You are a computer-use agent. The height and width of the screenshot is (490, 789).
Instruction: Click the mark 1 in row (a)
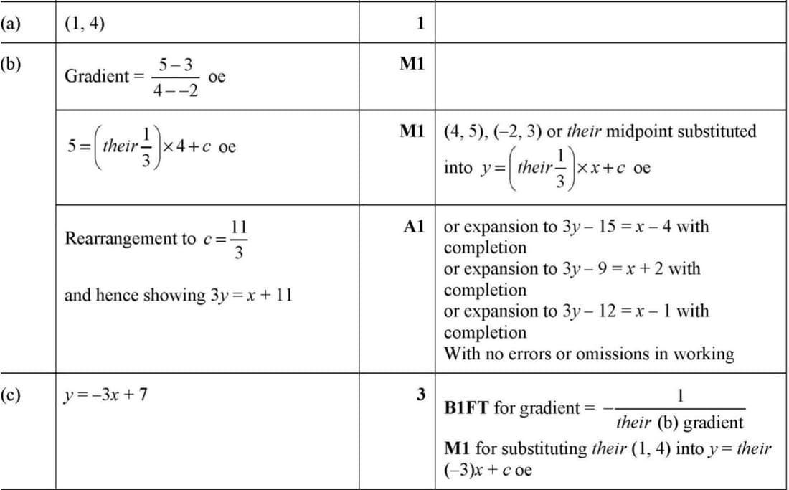click(x=420, y=24)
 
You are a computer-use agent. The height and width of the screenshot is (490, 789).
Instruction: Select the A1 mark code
click(x=414, y=227)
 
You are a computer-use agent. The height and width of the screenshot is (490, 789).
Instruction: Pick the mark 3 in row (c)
click(x=420, y=395)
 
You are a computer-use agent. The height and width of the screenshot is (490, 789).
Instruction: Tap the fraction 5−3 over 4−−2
click(x=176, y=77)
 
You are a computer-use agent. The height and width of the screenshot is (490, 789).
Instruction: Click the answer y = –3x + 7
click(x=106, y=395)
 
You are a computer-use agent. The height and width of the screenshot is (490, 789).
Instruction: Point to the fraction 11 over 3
click(x=238, y=239)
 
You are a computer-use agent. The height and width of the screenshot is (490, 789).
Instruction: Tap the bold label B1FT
click(x=467, y=408)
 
